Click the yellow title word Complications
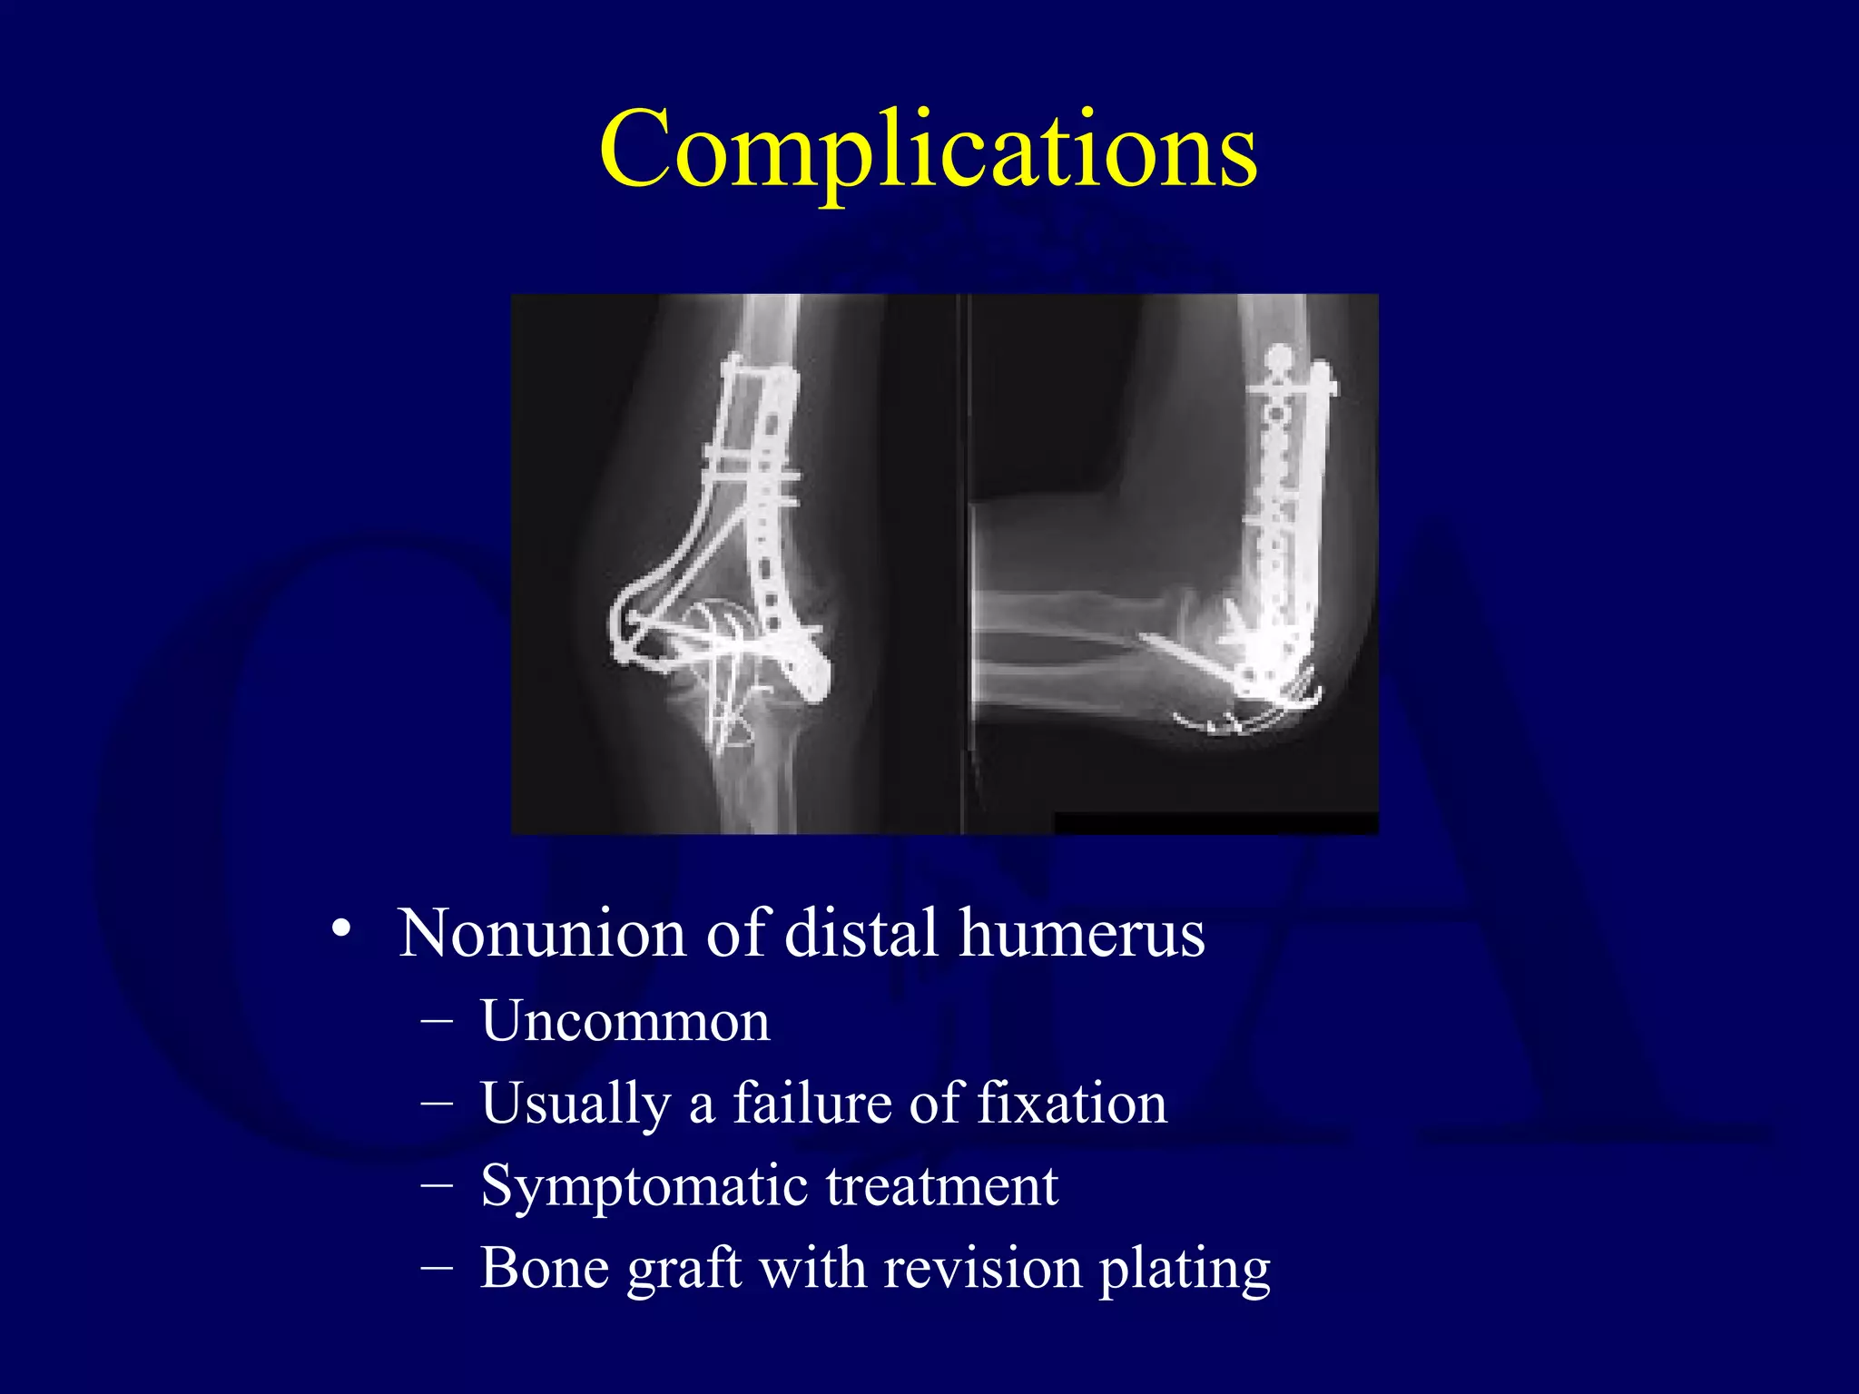[928, 150]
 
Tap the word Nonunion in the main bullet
[541, 934]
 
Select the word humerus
[1082, 934]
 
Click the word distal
[861, 934]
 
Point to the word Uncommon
[625, 1022]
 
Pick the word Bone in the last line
[543, 1268]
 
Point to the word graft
[684, 1270]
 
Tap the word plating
[1185, 1270]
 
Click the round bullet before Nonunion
[341, 929]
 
